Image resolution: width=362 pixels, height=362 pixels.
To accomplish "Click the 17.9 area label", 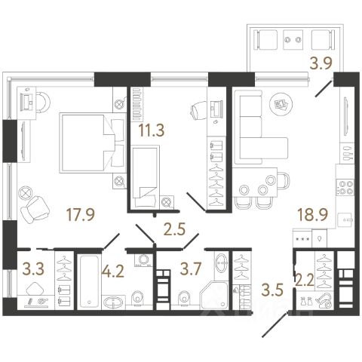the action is click(81, 215).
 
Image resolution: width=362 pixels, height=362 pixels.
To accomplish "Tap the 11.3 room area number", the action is click(152, 130).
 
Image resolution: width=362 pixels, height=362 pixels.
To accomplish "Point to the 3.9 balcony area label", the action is click(321, 63).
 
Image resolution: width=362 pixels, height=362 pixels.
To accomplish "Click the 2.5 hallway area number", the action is click(174, 229).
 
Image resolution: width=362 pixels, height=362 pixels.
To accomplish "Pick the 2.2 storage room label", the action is click(305, 281).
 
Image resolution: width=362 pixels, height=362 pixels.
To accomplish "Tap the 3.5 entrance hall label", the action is click(272, 290).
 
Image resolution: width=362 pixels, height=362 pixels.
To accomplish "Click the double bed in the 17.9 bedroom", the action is click(93, 143).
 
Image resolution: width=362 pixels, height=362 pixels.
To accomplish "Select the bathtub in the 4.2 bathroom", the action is click(88, 281).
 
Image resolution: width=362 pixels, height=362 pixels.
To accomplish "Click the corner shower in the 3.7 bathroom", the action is click(214, 295).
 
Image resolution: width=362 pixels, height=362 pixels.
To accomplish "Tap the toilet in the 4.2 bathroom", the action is click(138, 299).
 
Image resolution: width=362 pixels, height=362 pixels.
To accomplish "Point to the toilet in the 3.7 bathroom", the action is click(184, 299).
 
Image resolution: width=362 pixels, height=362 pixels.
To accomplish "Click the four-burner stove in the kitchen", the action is click(345, 188).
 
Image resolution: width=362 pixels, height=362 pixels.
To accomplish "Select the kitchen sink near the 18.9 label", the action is click(346, 220).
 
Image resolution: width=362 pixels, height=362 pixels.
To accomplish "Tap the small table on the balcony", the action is click(293, 40).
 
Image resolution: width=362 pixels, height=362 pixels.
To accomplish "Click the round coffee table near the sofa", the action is click(281, 104).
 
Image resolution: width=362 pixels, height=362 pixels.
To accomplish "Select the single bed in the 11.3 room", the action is click(146, 176).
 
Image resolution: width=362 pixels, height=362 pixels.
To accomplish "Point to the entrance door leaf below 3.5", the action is click(275, 324).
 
